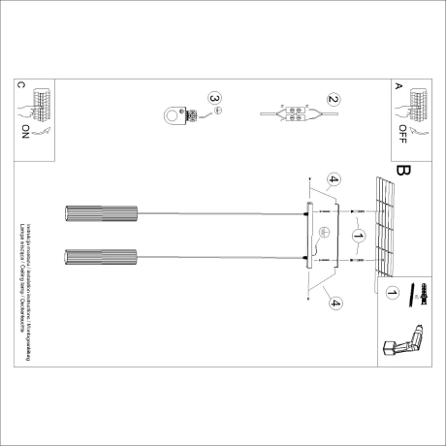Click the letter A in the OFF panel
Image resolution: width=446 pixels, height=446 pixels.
click(398, 84)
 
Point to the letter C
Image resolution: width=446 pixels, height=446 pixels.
click(20, 85)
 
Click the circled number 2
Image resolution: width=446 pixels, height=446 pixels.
click(333, 99)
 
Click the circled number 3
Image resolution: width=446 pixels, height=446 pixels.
click(215, 99)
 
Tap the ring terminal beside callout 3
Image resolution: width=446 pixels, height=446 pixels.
click(179, 116)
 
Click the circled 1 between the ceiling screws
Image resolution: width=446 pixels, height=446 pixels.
click(358, 236)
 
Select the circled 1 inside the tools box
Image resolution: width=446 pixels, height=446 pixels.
click(393, 291)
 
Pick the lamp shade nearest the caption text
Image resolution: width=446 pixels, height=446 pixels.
click(100, 258)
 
